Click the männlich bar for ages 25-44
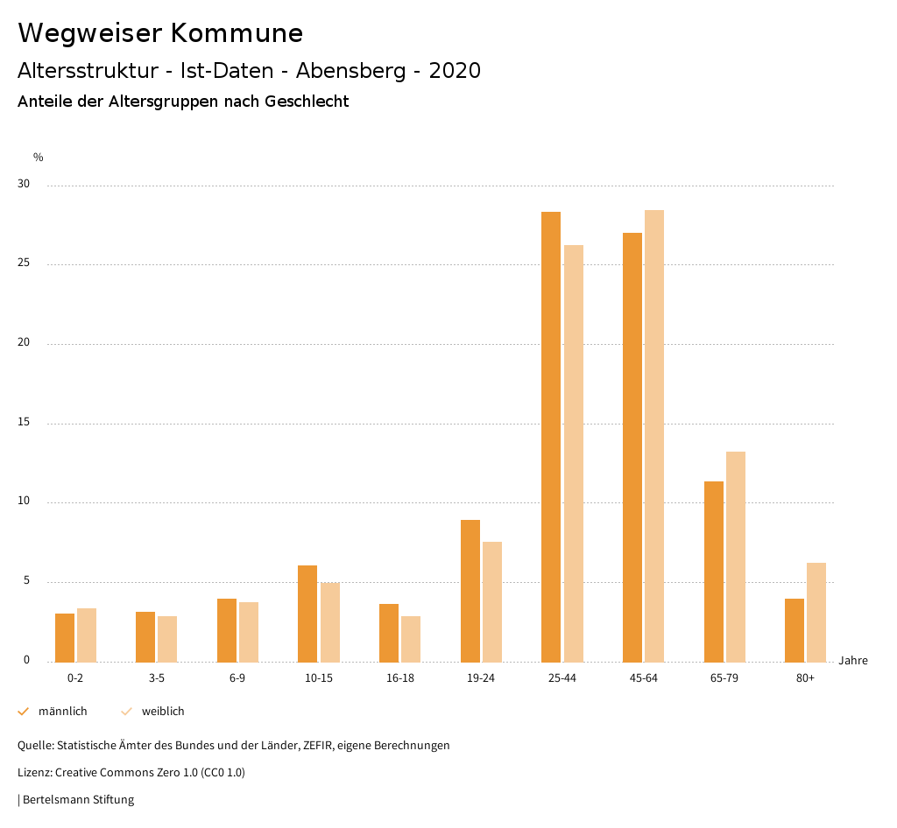(551, 437)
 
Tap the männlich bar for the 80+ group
(795, 630)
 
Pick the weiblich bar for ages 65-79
(736, 557)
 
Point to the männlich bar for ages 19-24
(470, 591)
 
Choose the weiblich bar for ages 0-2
(87, 635)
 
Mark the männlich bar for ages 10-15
(307, 614)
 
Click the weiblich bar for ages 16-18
(411, 639)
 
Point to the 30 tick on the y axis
(23, 185)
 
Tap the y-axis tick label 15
(23, 423)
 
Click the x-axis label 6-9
(237, 678)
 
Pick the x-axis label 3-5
(157, 678)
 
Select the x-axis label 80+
(805, 678)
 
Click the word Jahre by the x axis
(853, 661)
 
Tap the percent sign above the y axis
(39, 158)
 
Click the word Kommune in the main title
(237, 33)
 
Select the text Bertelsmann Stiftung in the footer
(78, 800)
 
